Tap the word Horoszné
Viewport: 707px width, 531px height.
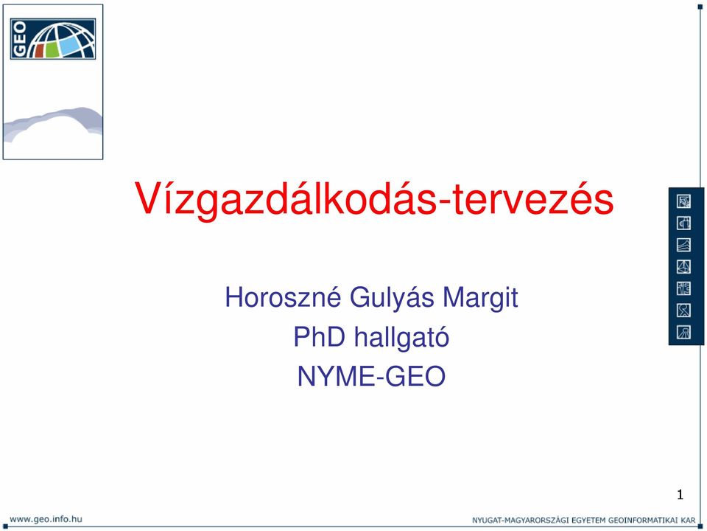click(x=283, y=297)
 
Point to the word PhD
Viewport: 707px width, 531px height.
click(x=319, y=337)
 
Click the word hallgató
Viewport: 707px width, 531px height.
click(x=401, y=338)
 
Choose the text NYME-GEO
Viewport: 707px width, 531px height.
click(x=371, y=376)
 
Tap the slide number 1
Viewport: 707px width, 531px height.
click(x=680, y=495)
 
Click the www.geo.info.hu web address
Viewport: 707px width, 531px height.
click(x=46, y=518)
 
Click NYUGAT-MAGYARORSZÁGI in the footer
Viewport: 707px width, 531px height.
click(x=521, y=520)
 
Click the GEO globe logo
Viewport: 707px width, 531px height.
click(x=53, y=39)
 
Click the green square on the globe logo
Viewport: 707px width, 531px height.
click(x=52, y=49)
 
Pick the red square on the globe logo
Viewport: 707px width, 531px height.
click(x=38, y=51)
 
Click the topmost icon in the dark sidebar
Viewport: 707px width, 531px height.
click(x=683, y=201)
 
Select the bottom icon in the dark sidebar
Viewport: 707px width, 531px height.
click(x=683, y=333)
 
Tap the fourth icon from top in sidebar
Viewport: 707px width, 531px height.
click(x=683, y=267)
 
